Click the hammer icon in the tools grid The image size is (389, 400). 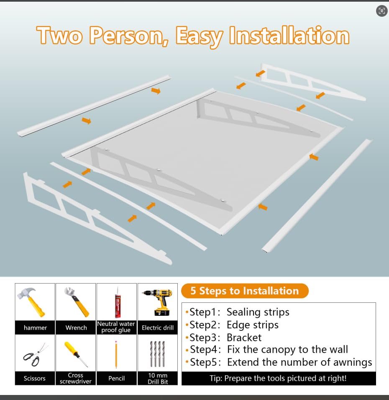31,302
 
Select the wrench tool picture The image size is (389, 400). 77,302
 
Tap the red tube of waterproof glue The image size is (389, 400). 118,302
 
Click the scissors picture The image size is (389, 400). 35,355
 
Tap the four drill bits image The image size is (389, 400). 157,354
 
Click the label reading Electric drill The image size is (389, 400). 158,328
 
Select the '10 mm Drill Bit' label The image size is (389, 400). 158,379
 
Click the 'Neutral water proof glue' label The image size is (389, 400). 116,327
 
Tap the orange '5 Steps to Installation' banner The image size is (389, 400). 245,291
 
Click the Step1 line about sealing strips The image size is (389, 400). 238,312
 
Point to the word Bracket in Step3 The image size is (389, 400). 244,338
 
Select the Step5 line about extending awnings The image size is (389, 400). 279,362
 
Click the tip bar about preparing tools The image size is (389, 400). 279,378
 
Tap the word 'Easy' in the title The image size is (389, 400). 200,36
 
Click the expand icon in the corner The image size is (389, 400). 381,11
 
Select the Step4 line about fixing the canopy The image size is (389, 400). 267,349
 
